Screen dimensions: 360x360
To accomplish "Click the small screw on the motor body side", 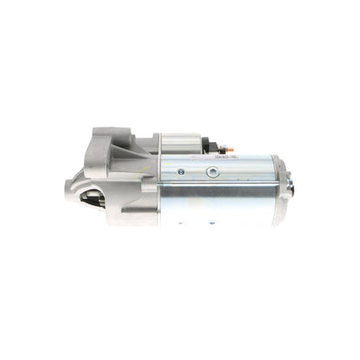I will (180, 171).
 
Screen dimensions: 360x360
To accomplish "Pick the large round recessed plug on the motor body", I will (211, 172).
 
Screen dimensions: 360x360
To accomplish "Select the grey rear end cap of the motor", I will (282, 189).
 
